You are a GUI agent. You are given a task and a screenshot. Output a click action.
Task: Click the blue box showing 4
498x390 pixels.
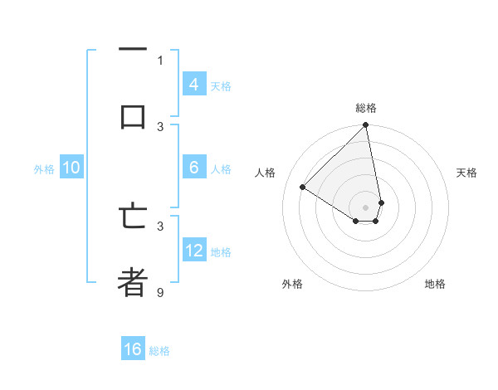[x=193, y=85]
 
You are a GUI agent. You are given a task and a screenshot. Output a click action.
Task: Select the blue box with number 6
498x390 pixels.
[x=193, y=168]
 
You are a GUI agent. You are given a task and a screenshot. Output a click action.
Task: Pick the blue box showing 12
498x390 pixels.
[x=193, y=251]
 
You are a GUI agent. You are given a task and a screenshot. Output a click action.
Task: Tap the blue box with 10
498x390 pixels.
[x=71, y=168]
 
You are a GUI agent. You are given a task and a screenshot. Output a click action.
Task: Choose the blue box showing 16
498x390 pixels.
[x=133, y=349]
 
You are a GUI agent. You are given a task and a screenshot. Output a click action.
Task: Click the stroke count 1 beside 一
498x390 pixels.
[x=160, y=60]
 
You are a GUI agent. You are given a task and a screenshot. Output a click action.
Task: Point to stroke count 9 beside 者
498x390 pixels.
[x=160, y=292]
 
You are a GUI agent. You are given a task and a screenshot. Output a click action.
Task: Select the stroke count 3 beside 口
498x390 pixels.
[x=160, y=126]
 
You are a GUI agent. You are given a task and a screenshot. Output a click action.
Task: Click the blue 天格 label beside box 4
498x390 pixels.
[x=221, y=86]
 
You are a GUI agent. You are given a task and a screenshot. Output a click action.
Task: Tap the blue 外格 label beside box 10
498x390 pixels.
[x=44, y=169]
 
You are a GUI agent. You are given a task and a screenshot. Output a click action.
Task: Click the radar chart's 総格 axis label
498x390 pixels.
[x=366, y=108]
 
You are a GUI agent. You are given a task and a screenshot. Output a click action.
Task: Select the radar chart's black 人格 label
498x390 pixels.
[x=266, y=173]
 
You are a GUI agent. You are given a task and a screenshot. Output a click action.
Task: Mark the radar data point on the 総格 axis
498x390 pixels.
[x=366, y=125]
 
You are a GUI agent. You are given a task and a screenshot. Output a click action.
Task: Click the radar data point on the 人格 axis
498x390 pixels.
[x=302, y=187]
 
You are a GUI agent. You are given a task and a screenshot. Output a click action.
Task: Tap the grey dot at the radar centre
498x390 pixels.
[x=366, y=207]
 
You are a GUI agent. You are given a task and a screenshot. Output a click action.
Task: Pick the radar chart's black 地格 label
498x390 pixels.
[x=435, y=284]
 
